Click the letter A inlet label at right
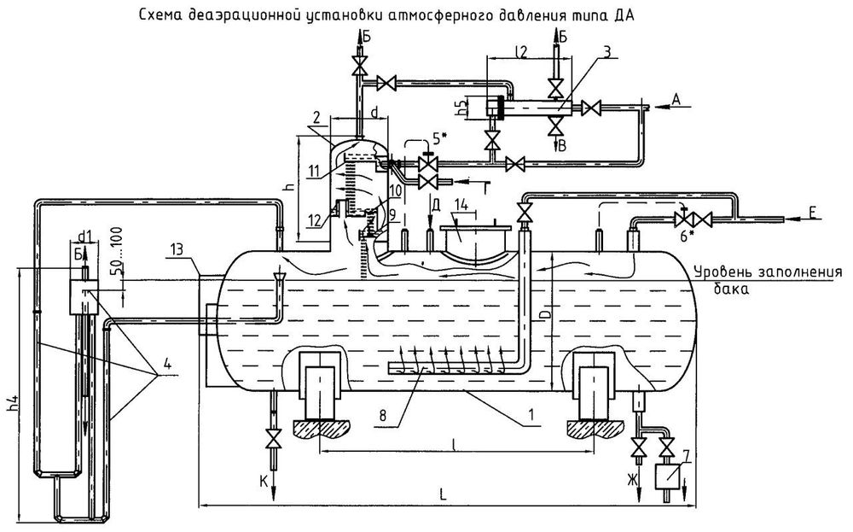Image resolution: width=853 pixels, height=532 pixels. [676, 99]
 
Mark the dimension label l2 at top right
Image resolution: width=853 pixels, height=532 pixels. [523, 52]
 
